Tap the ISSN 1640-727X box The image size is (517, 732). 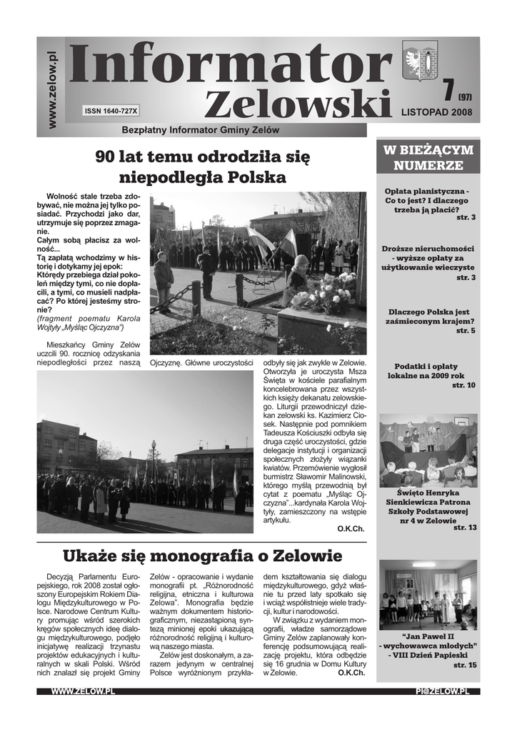pos(111,111)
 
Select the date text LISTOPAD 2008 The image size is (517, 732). pos(436,112)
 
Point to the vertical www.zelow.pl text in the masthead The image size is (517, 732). pos(51,90)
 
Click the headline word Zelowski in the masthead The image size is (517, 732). pos(298,106)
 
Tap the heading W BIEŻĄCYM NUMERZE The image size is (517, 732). pos(428,157)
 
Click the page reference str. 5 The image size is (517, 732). pos(466,331)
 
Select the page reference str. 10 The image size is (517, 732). pos(463,385)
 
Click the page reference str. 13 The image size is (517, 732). pos(465,528)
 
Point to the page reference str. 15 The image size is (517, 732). pos(465,665)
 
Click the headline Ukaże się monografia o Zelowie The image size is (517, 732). pos(202,555)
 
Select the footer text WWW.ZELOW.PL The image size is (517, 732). pos(84,691)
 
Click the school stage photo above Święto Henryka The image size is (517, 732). pos(428,450)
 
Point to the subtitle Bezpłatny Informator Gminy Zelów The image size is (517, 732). pos(200,130)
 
